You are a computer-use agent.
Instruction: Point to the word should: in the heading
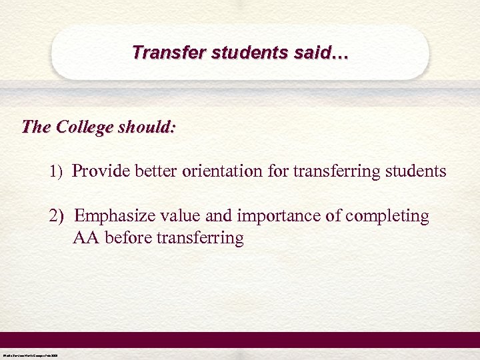tap(145, 126)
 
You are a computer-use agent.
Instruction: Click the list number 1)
tap(55, 172)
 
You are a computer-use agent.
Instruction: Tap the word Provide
tap(101, 171)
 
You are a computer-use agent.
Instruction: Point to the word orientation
tap(222, 171)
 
